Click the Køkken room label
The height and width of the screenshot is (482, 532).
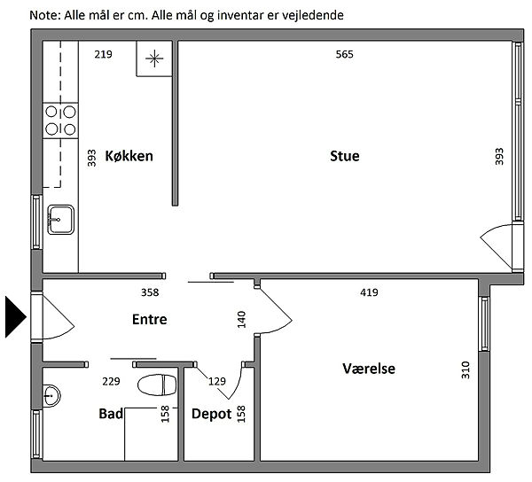pyautogui.click(x=129, y=156)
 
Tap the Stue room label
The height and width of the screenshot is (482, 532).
pyautogui.click(x=345, y=156)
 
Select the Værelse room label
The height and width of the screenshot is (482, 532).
pyautogui.click(x=369, y=369)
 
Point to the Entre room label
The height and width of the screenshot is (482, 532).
pyautogui.click(x=149, y=319)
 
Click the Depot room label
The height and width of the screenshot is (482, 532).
pyautogui.click(x=211, y=414)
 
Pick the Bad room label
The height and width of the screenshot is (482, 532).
pyautogui.click(x=111, y=414)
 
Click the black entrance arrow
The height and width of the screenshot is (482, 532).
pyautogui.click(x=16, y=317)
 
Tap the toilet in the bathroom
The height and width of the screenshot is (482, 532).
pyautogui.click(x=157, y=385)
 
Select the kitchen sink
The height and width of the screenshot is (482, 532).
pyautogui.click(x=60, y=220)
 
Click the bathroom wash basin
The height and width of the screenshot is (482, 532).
pyautogui.click(x=51, y=395)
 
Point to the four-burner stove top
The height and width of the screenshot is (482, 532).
pyautogui.click(x=60, y=120)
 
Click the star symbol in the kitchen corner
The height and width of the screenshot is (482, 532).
pyautogui.click(x=154, y=58)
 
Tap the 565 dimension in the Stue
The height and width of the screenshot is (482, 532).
pyautogui.click(x=344, y=54)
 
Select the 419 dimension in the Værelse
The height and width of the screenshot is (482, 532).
pyautogui.click(x=369, y=292)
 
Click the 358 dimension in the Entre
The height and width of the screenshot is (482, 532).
pyautogui.click(x=150, y=292)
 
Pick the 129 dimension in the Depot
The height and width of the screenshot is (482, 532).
pyautogui.click(x=217, y=381)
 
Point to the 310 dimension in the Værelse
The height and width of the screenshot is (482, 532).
pyautogui.click(x=465, y=370)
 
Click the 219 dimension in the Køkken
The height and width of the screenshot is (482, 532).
pyautogui.click(x=103, y=54)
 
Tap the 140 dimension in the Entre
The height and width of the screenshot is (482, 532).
pyautogui.click(x=241, y=320)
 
